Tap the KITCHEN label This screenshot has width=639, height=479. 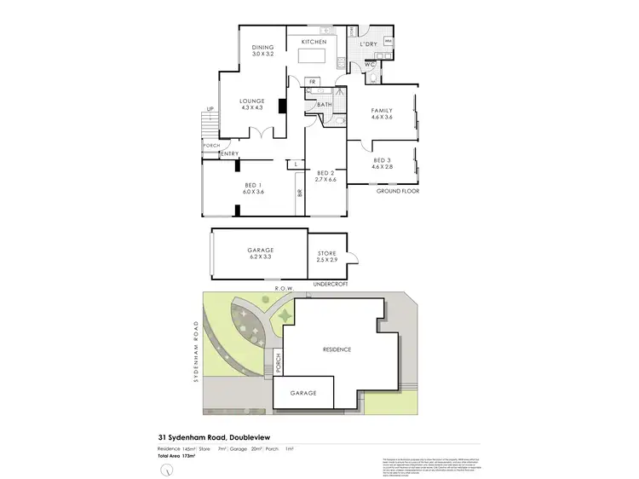pos(314,42)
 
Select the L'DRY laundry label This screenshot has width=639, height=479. pos(368,43)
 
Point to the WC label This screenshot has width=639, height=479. pos(371,64)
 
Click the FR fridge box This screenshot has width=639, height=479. pos(313,82)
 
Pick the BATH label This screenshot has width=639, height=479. pos(325,106)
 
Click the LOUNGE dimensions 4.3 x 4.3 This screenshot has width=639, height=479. pos(252,107)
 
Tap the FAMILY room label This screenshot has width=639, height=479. pos(381,110)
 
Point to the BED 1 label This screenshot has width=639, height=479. pos(253,185)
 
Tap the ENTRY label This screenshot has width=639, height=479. pos(229,153)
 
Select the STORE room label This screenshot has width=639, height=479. pos(328,253)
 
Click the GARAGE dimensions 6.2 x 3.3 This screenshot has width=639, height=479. pos(261,257)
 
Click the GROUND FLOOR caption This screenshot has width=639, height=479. pos(398,193)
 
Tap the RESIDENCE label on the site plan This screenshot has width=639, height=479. pos(337,349)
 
